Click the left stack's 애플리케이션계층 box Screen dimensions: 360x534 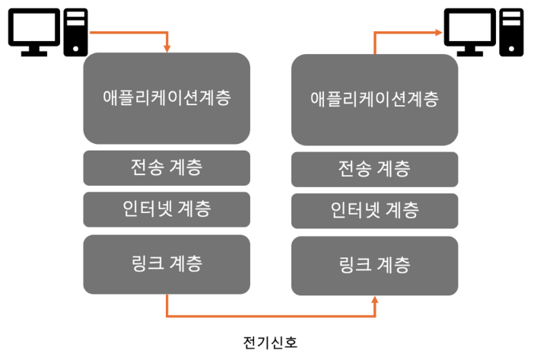click(x=167, y=98)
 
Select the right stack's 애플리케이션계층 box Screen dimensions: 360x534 click(x=375, y=99)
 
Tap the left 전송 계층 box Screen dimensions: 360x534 click(x=167, y=167)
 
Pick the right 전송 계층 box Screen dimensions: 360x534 click(x=375, y=169)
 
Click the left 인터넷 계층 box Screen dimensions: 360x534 click(x=167, y=207)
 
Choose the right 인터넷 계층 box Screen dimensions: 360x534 click(x=375, y=209)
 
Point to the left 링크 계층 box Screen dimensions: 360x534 click(x=167, y=264)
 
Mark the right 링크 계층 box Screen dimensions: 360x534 click(x=375, y=266)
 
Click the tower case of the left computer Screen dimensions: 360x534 click(x=75, y=33)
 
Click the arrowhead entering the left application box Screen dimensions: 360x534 click(x=167, y=49)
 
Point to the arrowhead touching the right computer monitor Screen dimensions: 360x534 click(x=438, y=32)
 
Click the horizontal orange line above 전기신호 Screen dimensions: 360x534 click(x=271, y=315)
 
